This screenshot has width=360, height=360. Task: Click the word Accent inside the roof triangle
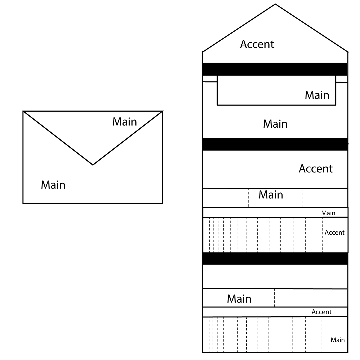click(257, 44)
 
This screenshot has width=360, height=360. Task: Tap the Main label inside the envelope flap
click(125, 122)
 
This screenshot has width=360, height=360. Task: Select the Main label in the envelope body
click(53, 185)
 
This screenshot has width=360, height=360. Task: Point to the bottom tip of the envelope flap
click(93, 165)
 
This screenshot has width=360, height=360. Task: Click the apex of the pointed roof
click(275, 4)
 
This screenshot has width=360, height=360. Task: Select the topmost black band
click(275, 69)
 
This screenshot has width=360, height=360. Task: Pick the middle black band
click(275, 144)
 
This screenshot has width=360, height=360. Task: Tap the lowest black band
click(275, 259)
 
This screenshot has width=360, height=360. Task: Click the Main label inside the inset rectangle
click(317, 95)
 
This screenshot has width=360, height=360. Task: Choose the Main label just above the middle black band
click(275, 124)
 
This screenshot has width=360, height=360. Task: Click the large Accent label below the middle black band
click(316, 169)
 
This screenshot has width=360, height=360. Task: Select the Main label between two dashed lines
click(271, 195)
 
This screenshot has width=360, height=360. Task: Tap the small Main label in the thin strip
click(328, 213)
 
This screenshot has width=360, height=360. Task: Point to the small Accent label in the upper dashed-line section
click(335, 233)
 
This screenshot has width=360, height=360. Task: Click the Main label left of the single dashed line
click(239, 299)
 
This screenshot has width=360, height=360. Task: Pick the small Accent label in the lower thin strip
click(321, 312)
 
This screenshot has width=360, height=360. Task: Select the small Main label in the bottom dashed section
click(338, 340)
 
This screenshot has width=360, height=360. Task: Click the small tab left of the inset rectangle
click(210, 79)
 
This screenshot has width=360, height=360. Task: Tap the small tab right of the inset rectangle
click(342, 79)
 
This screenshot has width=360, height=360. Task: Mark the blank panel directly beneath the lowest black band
click(275, 277)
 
